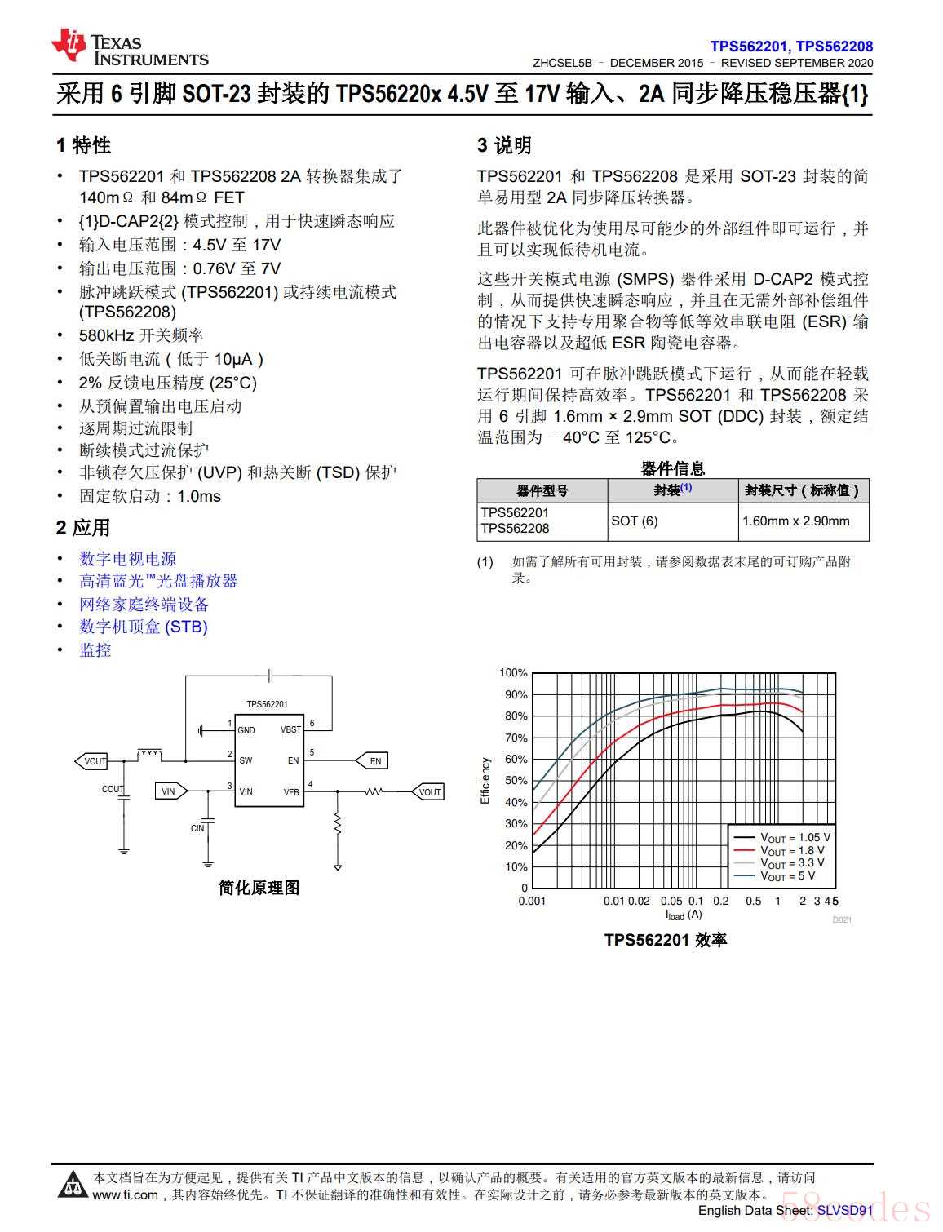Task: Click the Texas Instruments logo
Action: click(x=131, y=47)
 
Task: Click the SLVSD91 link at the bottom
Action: click(x=845, y=1211)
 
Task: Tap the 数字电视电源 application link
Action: click(x=128, y=559)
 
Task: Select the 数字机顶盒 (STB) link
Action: click(x=144, y=627)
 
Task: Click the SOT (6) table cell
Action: click(x=635, y=521)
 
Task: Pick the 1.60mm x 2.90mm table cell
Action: click(x=795, y=521)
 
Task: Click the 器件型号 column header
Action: click(x=542, y=490)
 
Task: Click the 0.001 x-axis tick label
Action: click(x=532, y=901)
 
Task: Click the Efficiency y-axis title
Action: click(x=485, y=781)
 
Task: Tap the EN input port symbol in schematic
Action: click(x=373, y=761)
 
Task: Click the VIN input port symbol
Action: click(x=170, y=791)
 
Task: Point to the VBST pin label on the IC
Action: click(x=290, y=729)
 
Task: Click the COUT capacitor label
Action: click(x=113, y=789)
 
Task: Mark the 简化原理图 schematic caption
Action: click(x=259, y=888)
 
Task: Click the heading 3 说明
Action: click(x=504, y=145)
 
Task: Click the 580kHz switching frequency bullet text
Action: click(x=141, y=335)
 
